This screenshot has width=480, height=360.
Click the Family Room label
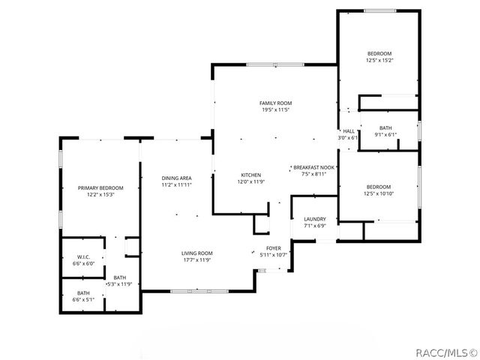275,103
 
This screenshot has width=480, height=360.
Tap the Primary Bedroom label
100,187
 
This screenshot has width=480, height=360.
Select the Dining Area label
177,178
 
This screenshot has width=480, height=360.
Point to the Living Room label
196,253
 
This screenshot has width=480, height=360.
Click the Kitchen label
250,174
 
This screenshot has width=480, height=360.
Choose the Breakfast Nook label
313,166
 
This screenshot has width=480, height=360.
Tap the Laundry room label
315,219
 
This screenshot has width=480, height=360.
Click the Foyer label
274,247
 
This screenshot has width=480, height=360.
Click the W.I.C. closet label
83,256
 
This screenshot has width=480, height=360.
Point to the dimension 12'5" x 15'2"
379,60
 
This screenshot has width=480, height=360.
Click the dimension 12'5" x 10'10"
379,194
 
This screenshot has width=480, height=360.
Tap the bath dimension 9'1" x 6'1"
385,135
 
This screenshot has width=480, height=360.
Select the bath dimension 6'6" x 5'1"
83,300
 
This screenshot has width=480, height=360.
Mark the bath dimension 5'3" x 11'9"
119,284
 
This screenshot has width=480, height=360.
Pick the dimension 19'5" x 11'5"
275,110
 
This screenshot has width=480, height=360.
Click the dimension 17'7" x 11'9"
196,260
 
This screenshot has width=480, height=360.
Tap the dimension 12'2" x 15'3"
100,195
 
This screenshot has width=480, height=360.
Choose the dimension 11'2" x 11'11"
177,185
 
